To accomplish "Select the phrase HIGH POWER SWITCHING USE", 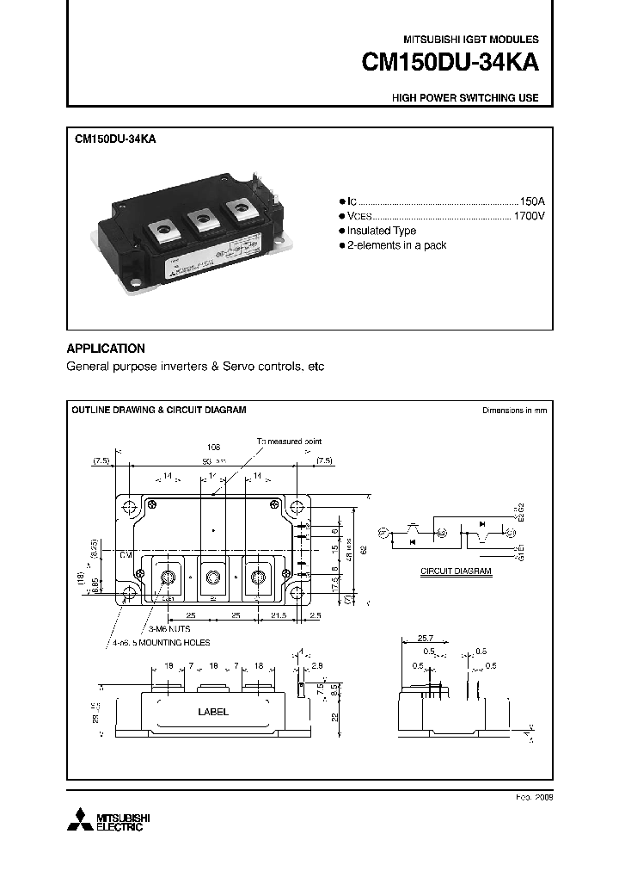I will pyautogui.click(x=465, y=98).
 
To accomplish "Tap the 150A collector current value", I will pyautogui.click(x=532, y=198).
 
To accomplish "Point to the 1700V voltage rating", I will pyautogui.click(x=529, y=215).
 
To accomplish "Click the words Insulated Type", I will pyautogui.click(x=382, y=231).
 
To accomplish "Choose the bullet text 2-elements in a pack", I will pyautogui.click(x=396, y=246).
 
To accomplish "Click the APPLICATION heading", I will pyautogui.click(x=106, y=349).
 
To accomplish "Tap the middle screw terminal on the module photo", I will pyautogui.click(x=203, y=219).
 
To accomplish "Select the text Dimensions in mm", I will pyautogui.click(x=514, y=411).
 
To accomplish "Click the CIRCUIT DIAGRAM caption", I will pyautogui.click(x=456, y=571).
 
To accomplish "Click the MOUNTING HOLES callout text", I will pyautogui.click(x=174, y=643).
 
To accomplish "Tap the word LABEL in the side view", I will pyautogui.click(x=213, y=712).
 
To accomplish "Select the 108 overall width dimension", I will pyautogui.click(x=214, y=448).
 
